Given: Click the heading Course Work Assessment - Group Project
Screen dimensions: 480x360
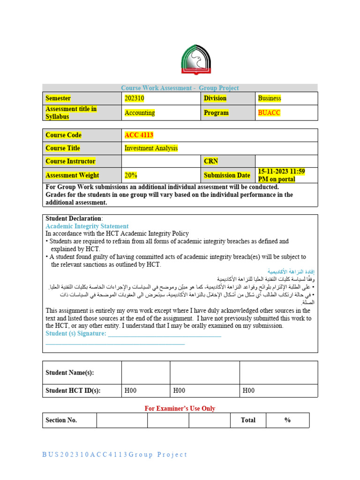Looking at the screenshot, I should (180, 88).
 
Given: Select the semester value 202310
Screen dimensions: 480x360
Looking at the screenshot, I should (135, 98).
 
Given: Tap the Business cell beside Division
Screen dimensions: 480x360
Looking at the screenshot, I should (270, 98).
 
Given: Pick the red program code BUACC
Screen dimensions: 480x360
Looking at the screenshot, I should (269, 112).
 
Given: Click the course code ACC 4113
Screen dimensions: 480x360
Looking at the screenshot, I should (139, 135).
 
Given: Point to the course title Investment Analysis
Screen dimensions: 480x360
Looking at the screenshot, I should (151, 148).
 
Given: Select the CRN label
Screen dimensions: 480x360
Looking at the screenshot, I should (211, 161).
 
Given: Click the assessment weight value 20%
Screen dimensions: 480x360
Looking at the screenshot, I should (131, 175).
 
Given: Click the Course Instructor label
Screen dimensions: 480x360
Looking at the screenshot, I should (70, 161).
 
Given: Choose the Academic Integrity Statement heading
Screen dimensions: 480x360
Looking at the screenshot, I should (87, 226).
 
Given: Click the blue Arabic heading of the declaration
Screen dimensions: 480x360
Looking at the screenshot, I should (291, 271).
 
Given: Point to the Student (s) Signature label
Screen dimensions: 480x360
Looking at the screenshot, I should (76, 333).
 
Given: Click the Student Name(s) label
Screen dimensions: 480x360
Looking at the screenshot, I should (70, 373).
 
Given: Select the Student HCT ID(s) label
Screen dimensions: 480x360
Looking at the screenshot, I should (73, 390).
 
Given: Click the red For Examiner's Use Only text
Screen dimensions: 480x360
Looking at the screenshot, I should (180, 408).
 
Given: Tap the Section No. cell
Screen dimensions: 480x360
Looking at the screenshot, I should (61, 420).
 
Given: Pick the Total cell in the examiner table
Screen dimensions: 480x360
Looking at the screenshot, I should (248, 420).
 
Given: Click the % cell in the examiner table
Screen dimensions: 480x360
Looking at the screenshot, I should (287, 420).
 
